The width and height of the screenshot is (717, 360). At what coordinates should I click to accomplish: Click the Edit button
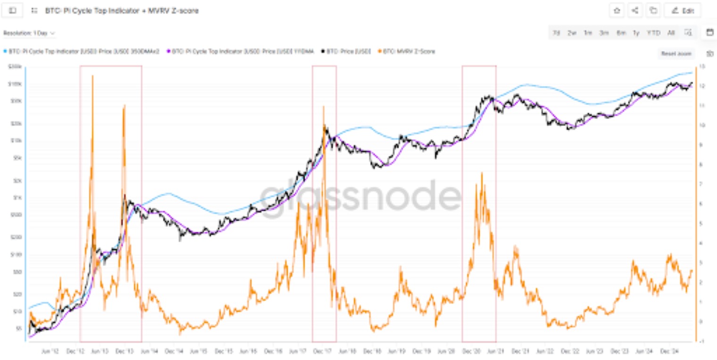tap(682, 10)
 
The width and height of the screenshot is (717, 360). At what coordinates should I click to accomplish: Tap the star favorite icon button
tap(617, 10)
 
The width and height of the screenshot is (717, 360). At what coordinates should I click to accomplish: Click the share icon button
tap(635, 10)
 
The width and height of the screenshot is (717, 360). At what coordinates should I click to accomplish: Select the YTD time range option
tap(653, 33)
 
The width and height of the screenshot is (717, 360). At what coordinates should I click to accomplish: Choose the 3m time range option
tap(604, 33)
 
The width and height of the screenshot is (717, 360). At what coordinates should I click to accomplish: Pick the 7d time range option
tap(556, 33)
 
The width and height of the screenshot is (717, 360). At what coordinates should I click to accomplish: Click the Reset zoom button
tap(676, 54)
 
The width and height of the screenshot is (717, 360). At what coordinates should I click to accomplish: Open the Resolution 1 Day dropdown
tap(29, 33)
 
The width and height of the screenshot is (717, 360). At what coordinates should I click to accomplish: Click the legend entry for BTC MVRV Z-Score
tap(409, 51)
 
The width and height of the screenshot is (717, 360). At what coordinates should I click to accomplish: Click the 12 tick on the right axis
tap(702, 86)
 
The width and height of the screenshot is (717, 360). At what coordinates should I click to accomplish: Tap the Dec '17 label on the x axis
tap(324, 352)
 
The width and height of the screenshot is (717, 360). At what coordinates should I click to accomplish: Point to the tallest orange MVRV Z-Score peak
tap(92, 76)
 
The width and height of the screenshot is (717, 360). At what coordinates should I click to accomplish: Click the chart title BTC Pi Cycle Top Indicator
tap(122, 10)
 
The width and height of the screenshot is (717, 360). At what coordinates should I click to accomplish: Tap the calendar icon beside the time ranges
tap(709, 33)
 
